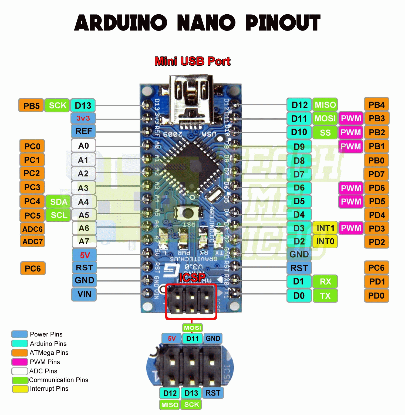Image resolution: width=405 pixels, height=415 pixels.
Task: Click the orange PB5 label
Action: [31, 106]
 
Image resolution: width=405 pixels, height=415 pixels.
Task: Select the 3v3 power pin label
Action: [83, 118]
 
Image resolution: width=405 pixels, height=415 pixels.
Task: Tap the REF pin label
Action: [83, 131]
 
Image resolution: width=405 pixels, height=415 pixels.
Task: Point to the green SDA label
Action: [58, 202]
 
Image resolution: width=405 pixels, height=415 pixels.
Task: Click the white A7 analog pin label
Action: [84, 241]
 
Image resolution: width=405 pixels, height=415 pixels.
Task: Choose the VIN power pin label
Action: [84, 294]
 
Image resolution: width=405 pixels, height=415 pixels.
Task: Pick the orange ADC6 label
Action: [32, 229]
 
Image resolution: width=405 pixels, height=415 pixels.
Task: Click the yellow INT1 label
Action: [325, 228]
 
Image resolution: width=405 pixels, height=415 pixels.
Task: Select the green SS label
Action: [325, 133]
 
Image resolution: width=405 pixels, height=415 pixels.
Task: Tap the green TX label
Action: [325, 296]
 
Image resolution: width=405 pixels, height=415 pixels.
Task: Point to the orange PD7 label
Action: [376, 175]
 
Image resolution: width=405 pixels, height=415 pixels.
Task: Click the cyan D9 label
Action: [299, 147]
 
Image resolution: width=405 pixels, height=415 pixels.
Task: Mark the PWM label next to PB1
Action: [351, 146]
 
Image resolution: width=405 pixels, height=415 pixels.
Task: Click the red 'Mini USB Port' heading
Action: [193, 61]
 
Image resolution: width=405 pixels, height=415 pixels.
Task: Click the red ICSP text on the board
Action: [192, 277]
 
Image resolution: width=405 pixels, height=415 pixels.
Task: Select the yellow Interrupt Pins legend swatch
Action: [20, 389]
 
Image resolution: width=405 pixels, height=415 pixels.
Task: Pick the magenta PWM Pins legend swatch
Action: [20, 362]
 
